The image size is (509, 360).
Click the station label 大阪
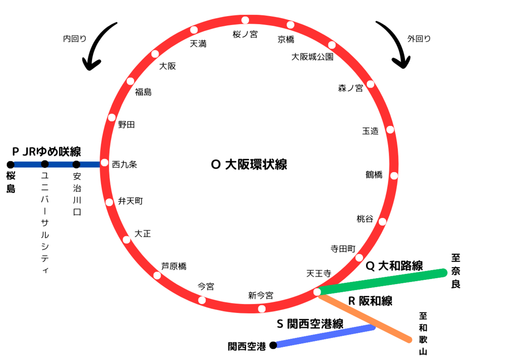pyautogui.click(x=167, y=67)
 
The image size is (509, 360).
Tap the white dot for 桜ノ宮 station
pyautogui.click(x=245, y=20)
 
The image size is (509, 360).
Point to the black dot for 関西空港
pyautogui.click(x=273, y=345)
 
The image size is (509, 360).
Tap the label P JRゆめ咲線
pyautogui.click(x=47, y=151)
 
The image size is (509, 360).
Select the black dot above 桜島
pyautogui.click(x=11, y=164)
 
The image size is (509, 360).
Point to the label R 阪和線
pyautogui.click(x=370, y=301)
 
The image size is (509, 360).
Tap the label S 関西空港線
pyautogui.click(x=310, y=324)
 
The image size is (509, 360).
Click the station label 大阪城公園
pyautogui.click(x=312, y=57)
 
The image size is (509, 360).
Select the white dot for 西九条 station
pyautogui.click(x=105, y=162)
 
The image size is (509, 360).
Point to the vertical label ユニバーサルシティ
pyautogui.click(x=45, y=223)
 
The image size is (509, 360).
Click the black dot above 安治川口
pyautogui.click(x=76, y=164)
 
